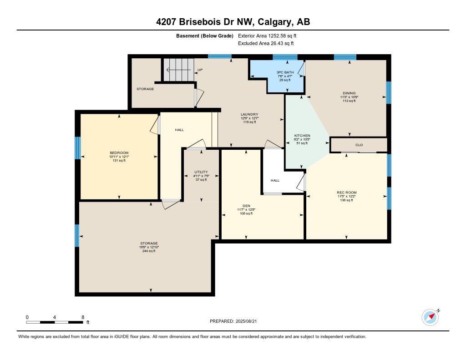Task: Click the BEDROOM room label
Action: pyautogui.click(x=119, y=152)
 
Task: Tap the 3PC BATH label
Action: pyautogui.click(x=285, y=72)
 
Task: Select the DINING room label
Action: pyautogui.click(x=349, y=93)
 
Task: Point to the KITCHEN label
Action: pyautogui.click(x=302, y=136)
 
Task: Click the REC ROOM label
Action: pyautogui.click(x=346, y=193)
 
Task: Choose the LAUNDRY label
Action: pyautogui.click(x=249, y=115)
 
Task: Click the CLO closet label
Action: pyautogui.click(x=359, y=145)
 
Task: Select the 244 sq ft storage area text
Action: pyautogui.click(x=149, y=251)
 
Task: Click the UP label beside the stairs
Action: pyautogui.click(x=200, y=70)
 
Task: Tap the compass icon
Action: pyautogui.click(x=430, y=317)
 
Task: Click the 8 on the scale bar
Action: pyautogui.click(x=82, y=317)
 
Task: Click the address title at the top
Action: pyautogui.click(x=233, y=22)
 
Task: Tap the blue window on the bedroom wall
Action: pyautogui.click(x=77, y=148)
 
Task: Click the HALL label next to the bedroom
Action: pyautogui.click(x=179, y=130)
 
